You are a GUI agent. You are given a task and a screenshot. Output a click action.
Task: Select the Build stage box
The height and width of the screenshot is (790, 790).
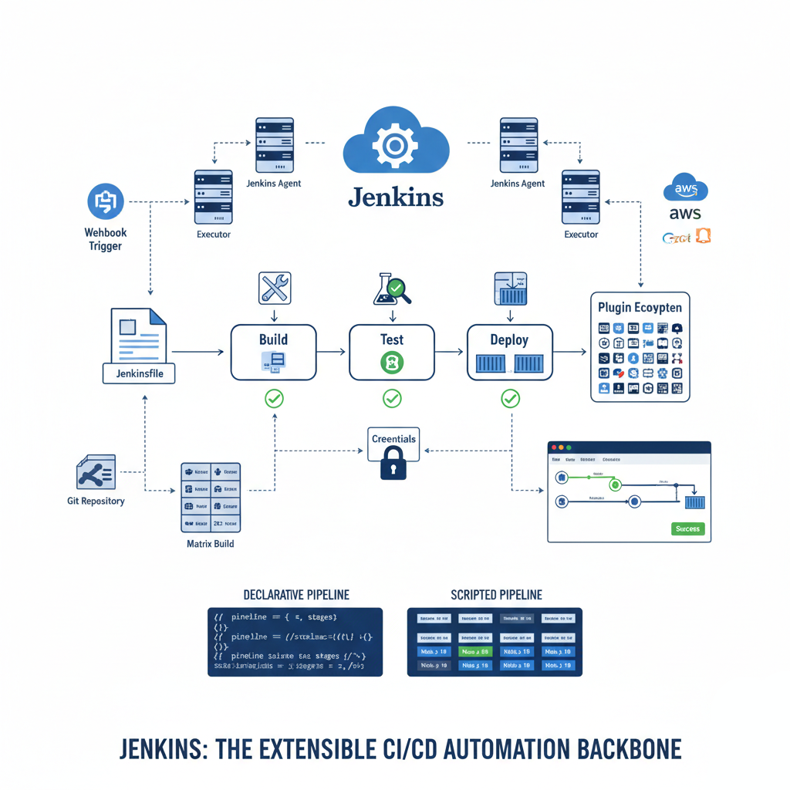coord(273,352)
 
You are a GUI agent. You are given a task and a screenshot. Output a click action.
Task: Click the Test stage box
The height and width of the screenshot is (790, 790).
coord(392,352)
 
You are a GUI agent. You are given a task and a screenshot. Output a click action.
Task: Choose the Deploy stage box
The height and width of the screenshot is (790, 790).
coord(509,352)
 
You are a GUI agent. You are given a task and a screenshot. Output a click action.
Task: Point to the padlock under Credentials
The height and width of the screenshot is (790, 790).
coord(393,464)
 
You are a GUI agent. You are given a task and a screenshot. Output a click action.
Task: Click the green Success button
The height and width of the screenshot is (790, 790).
coord(687,529)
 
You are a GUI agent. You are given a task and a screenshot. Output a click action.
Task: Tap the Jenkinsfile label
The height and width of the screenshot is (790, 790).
coord(139,374)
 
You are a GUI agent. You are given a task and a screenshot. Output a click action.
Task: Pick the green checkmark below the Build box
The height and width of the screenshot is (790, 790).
coord(274,398)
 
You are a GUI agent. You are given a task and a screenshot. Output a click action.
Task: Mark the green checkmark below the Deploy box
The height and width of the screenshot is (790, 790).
coord(510,398)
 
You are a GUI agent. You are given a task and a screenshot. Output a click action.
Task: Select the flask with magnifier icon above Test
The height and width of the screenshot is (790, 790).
coord(393,289)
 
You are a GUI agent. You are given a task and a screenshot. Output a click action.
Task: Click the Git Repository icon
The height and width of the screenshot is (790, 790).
coord(96,472)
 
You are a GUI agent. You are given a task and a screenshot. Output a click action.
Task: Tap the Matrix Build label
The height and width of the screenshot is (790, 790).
coord(210,544)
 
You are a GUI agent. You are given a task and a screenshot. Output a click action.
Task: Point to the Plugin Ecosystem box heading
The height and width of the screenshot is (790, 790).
coord(640,307)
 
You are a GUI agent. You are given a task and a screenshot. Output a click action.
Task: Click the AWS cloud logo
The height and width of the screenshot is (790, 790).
coord(685,189)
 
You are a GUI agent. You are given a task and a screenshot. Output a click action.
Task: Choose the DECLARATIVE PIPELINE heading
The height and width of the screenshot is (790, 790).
coord(295,595)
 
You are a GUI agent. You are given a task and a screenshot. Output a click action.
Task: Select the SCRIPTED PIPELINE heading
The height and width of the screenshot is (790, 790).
coord(496,595)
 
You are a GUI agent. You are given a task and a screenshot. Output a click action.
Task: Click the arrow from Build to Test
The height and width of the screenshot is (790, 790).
coord(332,352)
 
